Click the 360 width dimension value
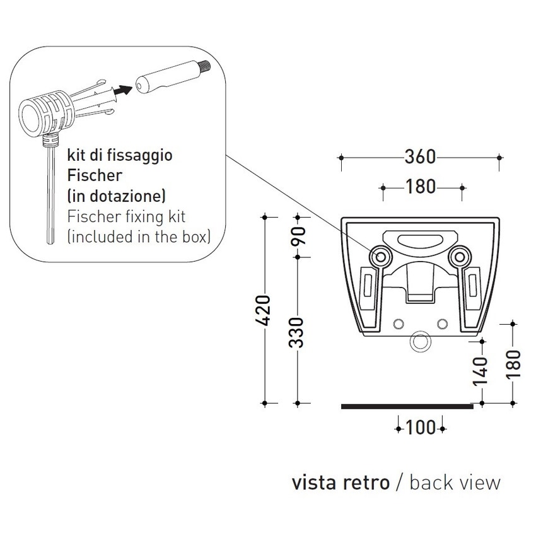420,156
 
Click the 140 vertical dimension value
481,371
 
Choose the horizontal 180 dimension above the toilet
422,187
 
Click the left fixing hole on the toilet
382,256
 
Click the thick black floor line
407,407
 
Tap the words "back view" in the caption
455,482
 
